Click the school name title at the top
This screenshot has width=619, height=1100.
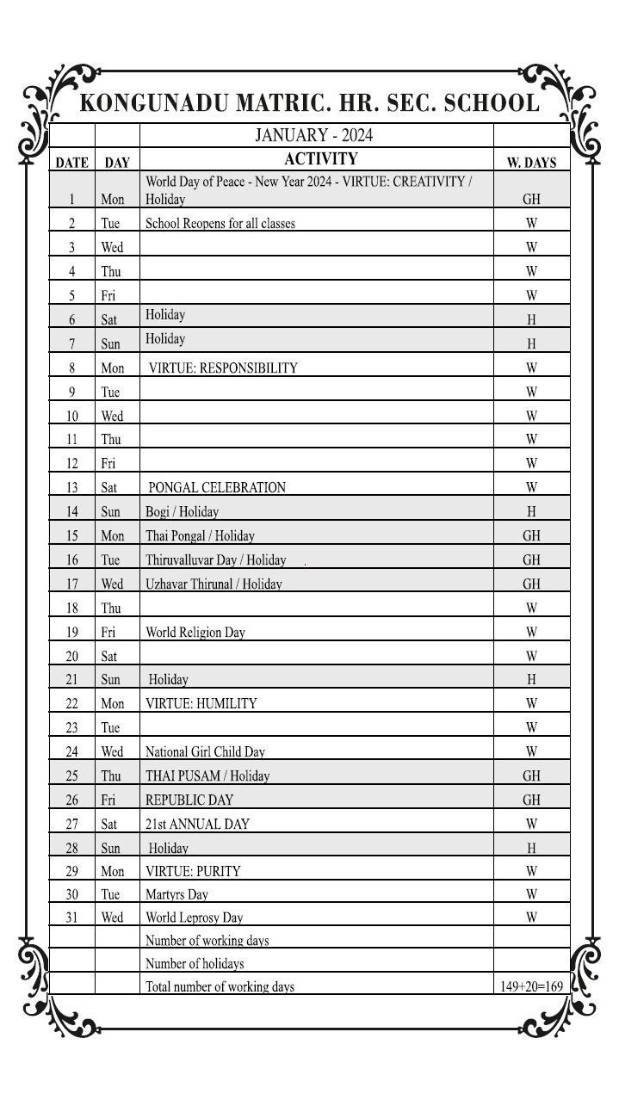309,103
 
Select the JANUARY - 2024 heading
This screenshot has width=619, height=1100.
313,135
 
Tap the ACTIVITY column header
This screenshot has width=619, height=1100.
320,159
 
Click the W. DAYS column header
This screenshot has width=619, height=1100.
531,162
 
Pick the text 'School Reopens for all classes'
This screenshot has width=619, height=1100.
220,224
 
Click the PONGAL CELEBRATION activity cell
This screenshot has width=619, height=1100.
217,487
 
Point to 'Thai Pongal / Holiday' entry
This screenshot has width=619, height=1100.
200,535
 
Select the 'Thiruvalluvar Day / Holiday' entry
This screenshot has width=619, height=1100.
215,559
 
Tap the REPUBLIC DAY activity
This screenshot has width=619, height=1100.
189,800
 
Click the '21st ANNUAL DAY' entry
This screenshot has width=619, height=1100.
197,824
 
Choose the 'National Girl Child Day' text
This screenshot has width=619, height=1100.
205,751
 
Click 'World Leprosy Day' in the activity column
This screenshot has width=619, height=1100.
195,918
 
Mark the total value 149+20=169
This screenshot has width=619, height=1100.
531,986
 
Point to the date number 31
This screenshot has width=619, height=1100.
72,918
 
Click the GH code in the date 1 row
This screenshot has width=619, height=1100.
531,199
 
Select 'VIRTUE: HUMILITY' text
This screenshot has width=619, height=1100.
201,703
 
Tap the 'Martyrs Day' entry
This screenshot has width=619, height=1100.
176,894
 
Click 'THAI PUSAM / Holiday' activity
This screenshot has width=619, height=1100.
207,776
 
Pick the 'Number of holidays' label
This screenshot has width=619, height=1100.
195,964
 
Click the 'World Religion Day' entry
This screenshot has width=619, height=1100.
195,633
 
